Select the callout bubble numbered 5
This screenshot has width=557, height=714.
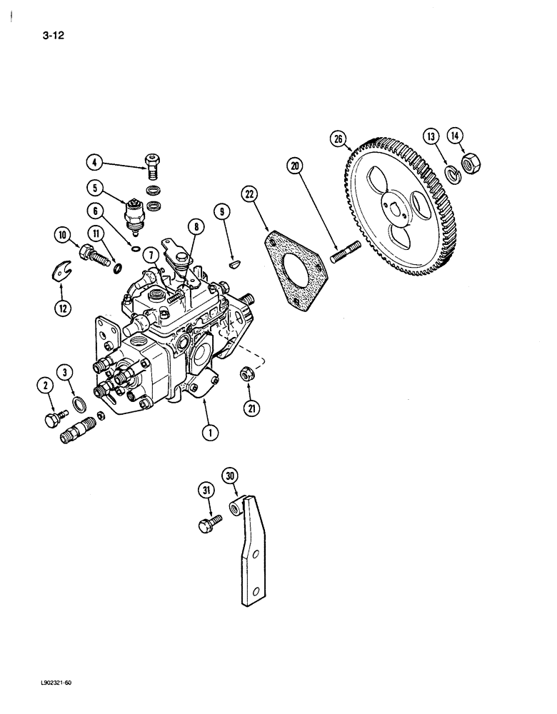pyautogui.click(x=94, y=189)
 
